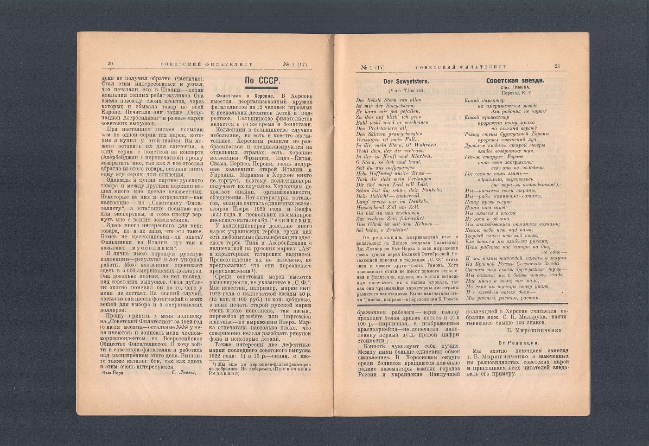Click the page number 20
[110, 64]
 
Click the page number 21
[557, 66]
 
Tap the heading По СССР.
[262, 81]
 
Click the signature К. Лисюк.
[184, 372]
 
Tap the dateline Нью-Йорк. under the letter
[113, 372]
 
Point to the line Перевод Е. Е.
[515, 93]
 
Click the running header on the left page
[206, 64]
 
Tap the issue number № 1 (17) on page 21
[373, 67]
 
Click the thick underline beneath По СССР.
[261, 88]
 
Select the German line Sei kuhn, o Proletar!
[382, 229]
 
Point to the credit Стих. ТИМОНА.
[515, 87]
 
